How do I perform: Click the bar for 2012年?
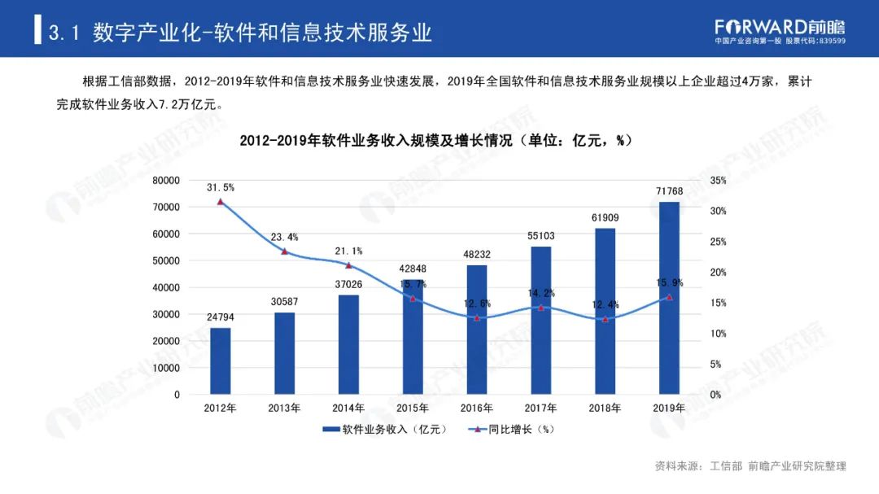click(x=220, y=361)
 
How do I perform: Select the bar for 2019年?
click(x=669, y=298)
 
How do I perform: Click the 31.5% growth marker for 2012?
click(x=220, y=201)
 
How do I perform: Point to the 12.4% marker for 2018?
click(x=605, y=319)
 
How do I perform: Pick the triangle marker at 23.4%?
click(x=284, y=251)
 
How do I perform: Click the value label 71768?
click(x=669, y=191)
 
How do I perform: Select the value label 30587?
click(x=284, y=302)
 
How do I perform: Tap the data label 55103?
click(x=540, y=236)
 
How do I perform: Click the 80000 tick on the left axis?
click(x=166, y=181)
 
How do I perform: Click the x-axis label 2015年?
click(x=413, y=408)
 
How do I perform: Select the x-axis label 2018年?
click(x=605, y=408)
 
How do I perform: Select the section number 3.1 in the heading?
click(x=63, y=33)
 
